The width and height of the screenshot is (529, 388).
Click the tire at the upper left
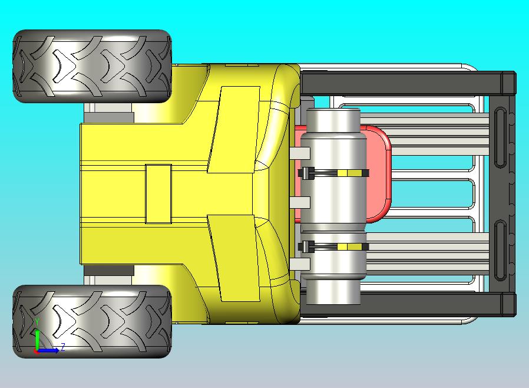point(92,66)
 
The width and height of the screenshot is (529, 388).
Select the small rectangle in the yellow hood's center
point(158,193)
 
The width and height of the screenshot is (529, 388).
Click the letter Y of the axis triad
point(37,322)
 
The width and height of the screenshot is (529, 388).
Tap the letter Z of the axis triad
point(62,347)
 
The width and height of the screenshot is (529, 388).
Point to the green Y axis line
point(37,339)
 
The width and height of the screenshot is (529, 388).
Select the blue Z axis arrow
point(50,350)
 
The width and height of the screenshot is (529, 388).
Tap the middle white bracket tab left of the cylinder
point(299,202)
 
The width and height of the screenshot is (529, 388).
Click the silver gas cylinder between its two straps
point(333,209)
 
